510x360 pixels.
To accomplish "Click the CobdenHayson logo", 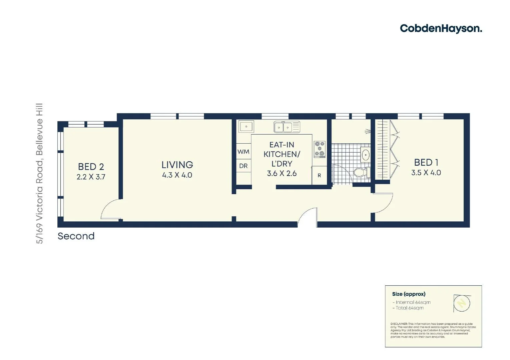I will point(441,29).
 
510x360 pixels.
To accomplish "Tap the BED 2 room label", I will point(91,167).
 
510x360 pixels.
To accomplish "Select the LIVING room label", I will point(177,165).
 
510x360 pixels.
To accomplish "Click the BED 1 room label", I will point(426,163).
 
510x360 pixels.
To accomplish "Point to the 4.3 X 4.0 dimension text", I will point(177,175).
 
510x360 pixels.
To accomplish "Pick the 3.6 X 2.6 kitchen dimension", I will point(282,173).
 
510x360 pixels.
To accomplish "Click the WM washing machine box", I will point(243,152).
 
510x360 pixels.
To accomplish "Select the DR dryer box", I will point(243,166).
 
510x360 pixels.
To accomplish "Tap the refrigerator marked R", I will point(319,175).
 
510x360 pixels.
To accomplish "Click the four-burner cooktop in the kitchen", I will point(320,149).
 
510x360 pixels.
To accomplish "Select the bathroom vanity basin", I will point(366,155).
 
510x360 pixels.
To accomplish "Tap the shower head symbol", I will point(368,132).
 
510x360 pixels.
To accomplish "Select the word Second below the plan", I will point(76,236).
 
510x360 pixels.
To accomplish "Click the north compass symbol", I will point(462,303).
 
